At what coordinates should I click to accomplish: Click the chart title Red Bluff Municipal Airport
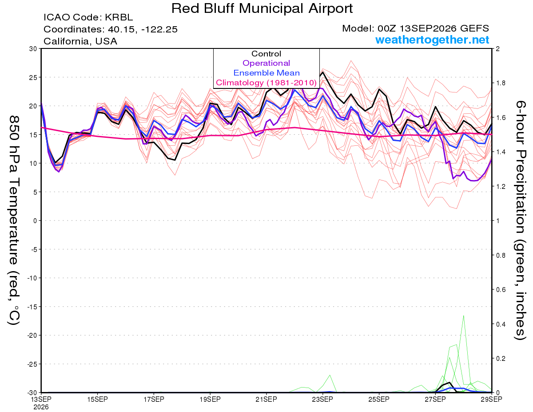[x=262, y=8]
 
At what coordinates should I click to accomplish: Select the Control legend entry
[x=266, y=53]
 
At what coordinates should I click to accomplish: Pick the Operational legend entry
[x=266, y=63]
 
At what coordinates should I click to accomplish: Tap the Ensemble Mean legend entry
[x=266, y=73]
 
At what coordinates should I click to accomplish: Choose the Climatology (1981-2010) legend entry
[x=266, y=83]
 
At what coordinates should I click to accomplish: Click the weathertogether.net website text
[x=432, y=40]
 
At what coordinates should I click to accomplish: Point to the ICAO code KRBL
[x=119, y=17]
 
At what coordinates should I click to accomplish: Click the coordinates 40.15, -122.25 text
[x=143, y=29]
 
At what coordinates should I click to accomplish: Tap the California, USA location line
[x=80, y=41]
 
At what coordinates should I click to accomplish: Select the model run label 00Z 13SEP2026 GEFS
[x=433, y=28]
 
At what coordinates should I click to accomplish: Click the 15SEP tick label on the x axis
[x=97, y=399]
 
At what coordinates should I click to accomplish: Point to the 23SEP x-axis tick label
[x=322, y=399]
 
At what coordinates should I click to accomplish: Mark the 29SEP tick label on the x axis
[x=491, y=399]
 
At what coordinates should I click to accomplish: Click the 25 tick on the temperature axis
[x=33, y=77]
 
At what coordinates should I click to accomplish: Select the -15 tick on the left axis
[x=32, y=307]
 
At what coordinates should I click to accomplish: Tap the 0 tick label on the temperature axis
[x=35, y=221]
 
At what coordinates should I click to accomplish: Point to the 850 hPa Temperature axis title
[x=14, y=220]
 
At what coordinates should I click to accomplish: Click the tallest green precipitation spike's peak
[x=463, y=316]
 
